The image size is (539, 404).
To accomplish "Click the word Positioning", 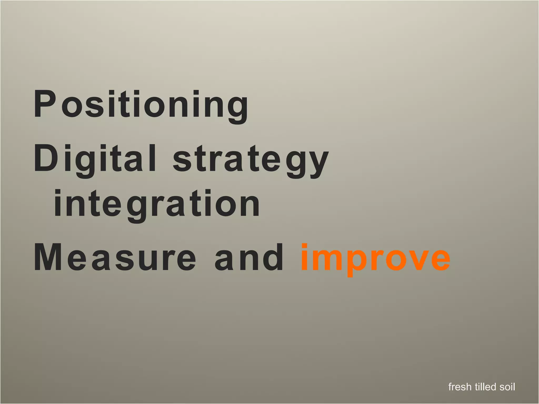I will tap(141, 105).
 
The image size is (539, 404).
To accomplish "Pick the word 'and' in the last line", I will tap(248, 258).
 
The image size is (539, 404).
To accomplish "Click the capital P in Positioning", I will tap(45, 104).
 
